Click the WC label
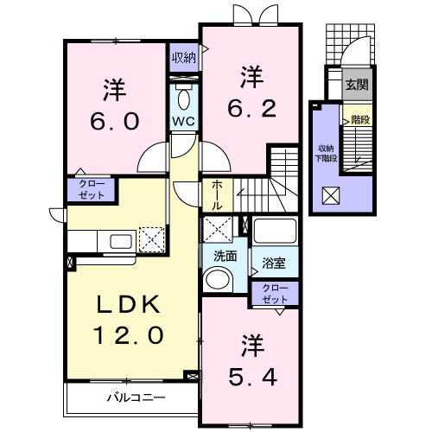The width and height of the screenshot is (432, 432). point(183,121)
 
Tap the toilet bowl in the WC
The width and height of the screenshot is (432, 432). point(184,99)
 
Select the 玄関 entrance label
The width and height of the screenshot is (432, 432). point(357,85)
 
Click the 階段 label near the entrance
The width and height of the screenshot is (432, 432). point(360,119)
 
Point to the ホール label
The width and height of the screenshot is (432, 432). point(217,195)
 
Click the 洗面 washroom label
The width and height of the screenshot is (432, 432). point(226,256)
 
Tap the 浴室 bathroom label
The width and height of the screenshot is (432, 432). point(274,263)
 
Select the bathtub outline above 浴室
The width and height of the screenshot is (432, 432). point(275,231)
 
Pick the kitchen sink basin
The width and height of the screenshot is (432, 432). point(121,241)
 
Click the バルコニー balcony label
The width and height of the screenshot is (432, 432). point(137,397)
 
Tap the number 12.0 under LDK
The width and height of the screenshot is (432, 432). point(128,334)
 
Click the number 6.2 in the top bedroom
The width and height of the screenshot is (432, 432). point(252,109)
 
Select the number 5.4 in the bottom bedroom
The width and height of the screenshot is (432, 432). point(253,378)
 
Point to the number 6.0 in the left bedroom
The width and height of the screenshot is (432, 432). point(115,121)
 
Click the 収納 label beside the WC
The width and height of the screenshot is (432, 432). point(184,58)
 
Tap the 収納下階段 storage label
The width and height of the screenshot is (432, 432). point(327,154)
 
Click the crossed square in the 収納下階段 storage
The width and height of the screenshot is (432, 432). point(331,195)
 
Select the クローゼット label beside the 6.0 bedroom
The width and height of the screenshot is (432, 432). point(92,189)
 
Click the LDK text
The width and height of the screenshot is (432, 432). point(129,304)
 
